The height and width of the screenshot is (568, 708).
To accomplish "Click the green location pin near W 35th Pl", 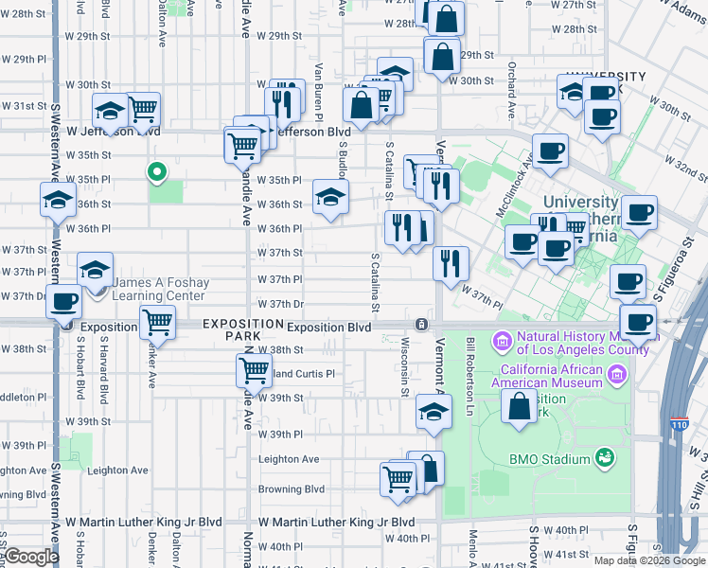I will [157, 172].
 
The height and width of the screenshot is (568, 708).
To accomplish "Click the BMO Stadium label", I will [549, 459].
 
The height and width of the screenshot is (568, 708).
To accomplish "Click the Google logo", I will [31, 557].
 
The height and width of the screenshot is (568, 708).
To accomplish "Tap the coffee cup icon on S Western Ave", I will [64, 303].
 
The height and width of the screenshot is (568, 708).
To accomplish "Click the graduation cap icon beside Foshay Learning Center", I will [95, 271].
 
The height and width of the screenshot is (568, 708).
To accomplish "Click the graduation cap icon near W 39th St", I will [434, 412].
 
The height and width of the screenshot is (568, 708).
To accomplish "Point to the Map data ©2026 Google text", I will [648, 559].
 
